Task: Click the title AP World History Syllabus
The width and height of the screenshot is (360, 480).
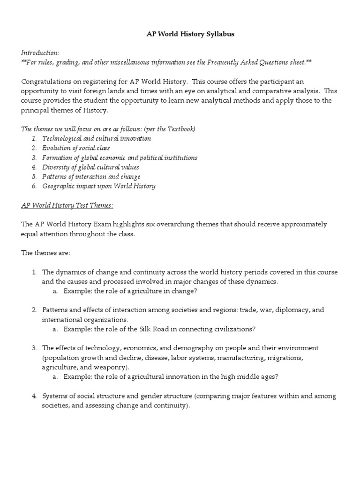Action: pos(180,35)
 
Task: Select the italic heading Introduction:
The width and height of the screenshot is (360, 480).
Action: pos(40,53)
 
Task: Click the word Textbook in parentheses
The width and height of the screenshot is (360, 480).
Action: pos(180,129)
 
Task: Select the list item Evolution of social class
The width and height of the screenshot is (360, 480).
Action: pos(76,148)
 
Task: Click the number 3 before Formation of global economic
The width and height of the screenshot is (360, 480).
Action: pos(34,157)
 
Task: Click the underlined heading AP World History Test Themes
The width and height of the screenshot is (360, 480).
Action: pos(67,205)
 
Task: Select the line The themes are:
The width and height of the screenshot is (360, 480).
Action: pos(45,253)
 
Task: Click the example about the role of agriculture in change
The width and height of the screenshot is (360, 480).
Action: pos(130,291)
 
